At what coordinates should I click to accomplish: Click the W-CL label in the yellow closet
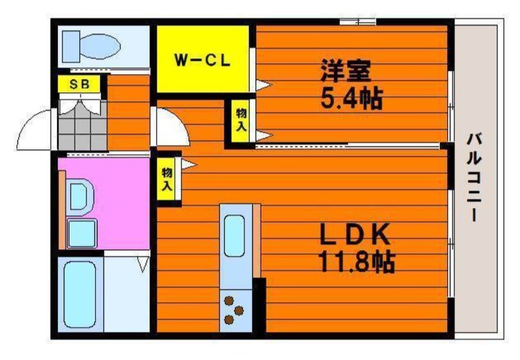202,60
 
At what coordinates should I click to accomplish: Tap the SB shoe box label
79,84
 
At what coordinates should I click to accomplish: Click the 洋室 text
345,71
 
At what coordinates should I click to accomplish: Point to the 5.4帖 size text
352,98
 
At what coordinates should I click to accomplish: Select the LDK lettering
354,234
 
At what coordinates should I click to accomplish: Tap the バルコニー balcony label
475,177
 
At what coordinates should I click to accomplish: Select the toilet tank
71,46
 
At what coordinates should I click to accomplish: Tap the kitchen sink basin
235,236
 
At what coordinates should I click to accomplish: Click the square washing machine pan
83,233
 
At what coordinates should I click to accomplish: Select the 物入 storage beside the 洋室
242,121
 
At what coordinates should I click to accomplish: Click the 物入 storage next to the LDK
166,179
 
